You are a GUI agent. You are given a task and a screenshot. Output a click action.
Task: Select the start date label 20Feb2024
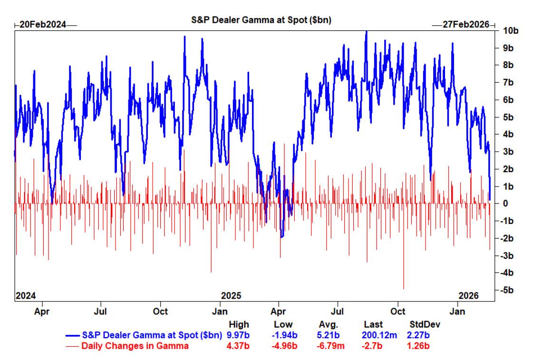point(42,25)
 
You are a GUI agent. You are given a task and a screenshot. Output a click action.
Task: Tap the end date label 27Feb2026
point(465,25)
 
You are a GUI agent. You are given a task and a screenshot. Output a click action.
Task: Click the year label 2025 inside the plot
point(231,295)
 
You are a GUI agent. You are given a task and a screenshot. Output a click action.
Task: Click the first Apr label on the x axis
point(42,312)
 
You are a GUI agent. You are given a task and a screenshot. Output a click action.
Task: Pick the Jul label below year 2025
point(338,312)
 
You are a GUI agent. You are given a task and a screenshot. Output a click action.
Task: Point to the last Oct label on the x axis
point(397,312)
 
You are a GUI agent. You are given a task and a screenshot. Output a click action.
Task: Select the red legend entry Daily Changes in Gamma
point(135,346)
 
